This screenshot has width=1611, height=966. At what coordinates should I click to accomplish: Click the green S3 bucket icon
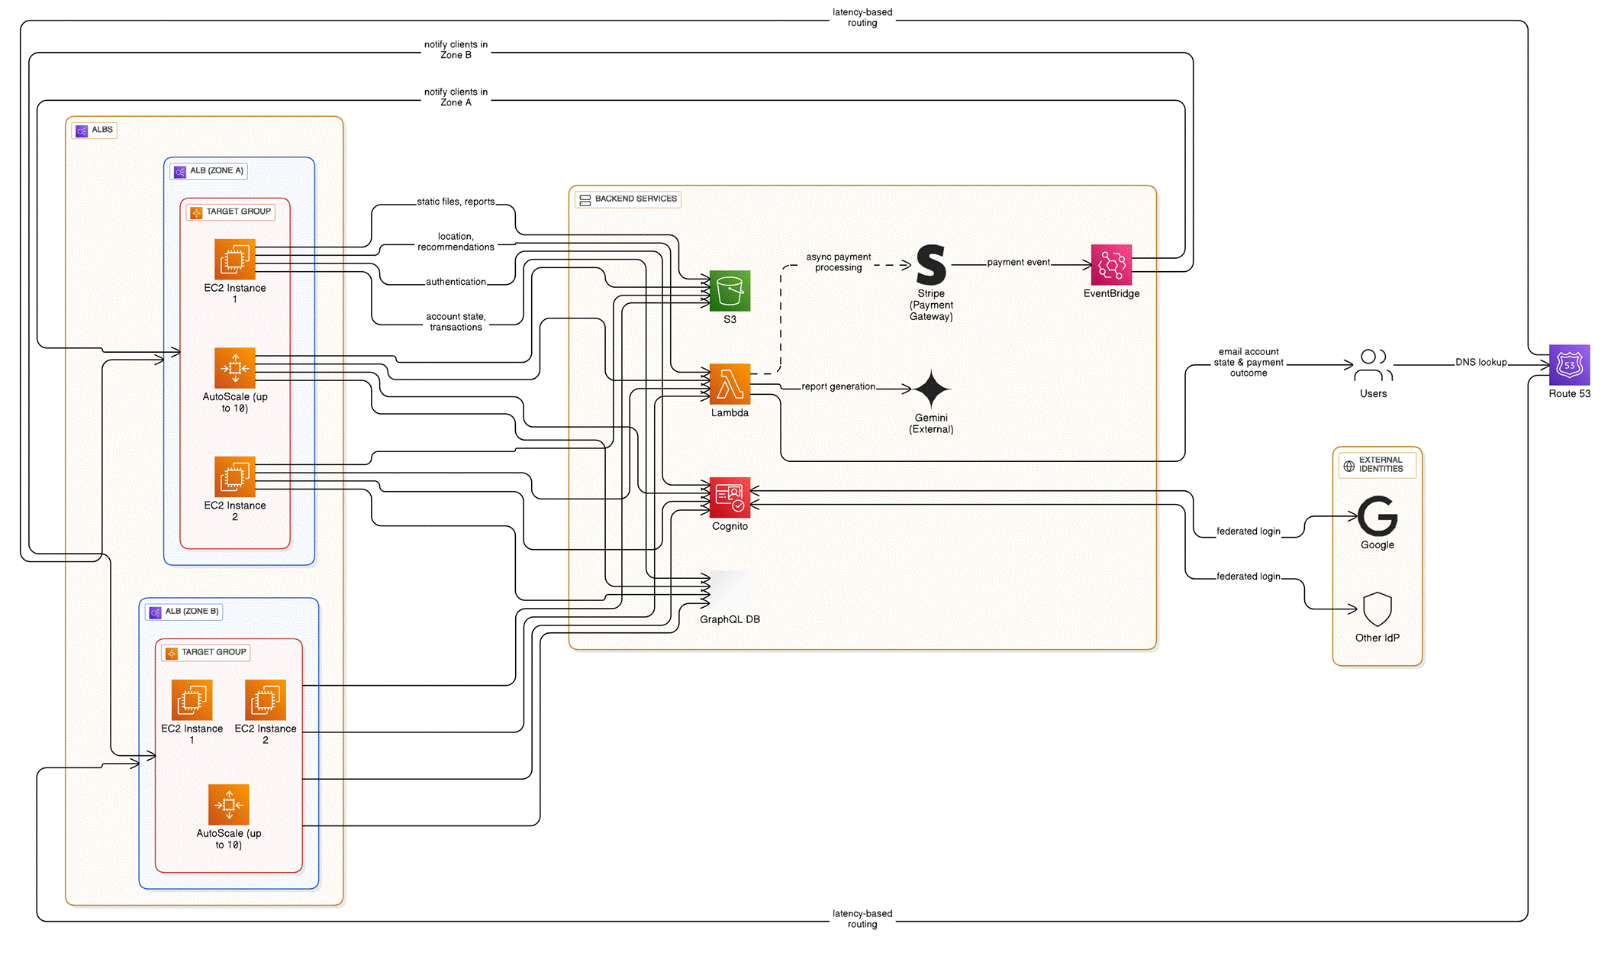tap(730, 291)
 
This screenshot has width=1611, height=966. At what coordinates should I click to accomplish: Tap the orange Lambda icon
tap(730, 384)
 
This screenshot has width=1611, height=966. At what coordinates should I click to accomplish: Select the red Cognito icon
tap(730, 498)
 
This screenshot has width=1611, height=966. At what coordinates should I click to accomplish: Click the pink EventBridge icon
tap(1111, 265)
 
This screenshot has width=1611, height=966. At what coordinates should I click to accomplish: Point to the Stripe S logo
tap(931, 265)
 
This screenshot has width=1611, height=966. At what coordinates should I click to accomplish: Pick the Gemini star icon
tap(931, 389)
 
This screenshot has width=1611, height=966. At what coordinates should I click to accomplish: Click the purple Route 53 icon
tap(1569, 365)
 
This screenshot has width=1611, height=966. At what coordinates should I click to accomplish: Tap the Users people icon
tap(1372, 365)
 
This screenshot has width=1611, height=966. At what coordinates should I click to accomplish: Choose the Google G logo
tap(1377, 516)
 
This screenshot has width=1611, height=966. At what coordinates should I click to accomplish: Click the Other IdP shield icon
tap(1377, 609)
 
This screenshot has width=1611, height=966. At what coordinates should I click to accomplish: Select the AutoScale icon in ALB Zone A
tap(235, 368)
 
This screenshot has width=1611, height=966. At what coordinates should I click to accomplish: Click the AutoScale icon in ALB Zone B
tap(229, 805)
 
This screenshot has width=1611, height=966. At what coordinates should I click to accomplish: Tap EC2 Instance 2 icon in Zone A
tap(235, 477)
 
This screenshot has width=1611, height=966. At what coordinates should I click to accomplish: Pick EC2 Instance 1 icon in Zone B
tap(192, 700)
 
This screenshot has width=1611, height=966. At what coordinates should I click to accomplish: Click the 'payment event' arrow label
tap(1018, 263)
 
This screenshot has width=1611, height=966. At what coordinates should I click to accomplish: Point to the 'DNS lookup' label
tap(1481, 363)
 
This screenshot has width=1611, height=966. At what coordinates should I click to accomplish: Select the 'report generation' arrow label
tap(838, 387)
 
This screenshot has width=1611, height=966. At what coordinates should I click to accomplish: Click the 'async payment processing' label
tap(838, 263)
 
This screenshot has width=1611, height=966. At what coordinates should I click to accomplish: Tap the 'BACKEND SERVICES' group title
tap(635, 199)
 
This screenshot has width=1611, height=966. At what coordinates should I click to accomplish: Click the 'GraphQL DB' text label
tap(730, 619)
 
